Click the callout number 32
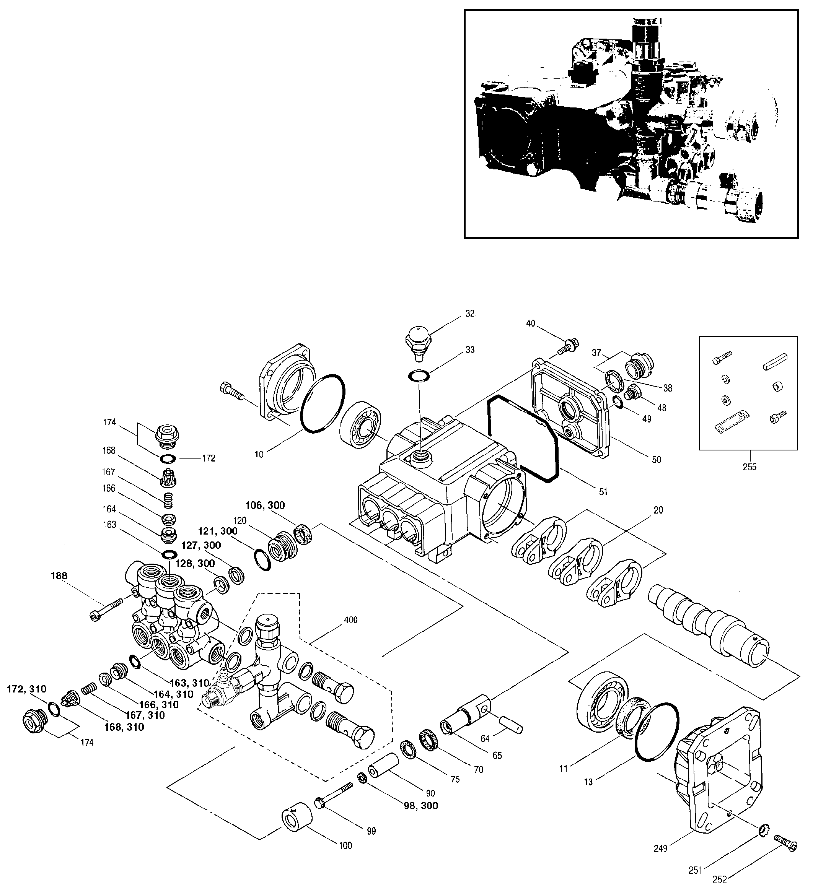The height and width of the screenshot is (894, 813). (470, 314)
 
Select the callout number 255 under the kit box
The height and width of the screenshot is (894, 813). (749, 467)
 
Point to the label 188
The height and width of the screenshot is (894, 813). (59, 575)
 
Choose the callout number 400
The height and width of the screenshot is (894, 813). (350, 620)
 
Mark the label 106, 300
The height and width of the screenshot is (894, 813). (265, 505)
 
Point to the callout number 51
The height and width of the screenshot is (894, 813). (603, 491)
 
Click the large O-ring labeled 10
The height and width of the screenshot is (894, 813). (323, 404)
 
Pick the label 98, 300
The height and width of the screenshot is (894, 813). (421, 806)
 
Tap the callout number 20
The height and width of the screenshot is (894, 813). (658, 510)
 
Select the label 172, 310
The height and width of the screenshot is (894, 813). (26, 689)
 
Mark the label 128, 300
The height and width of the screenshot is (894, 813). (195, 563)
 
